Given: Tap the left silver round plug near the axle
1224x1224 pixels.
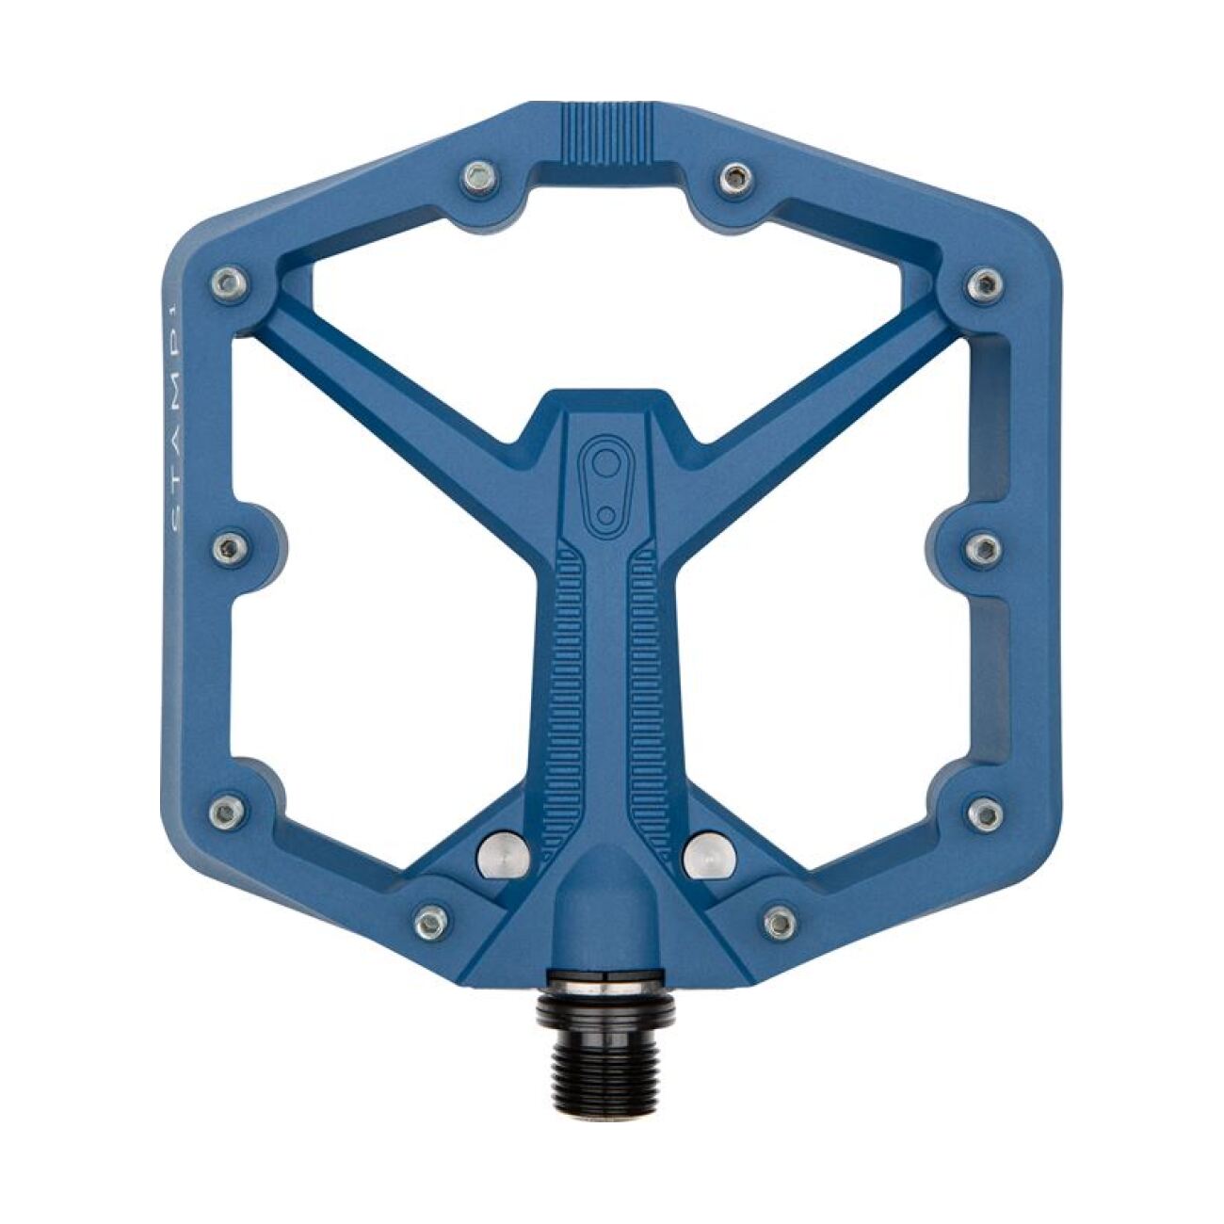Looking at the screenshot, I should (x=500, y=854).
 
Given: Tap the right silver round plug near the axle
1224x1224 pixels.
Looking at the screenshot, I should (x=711, y=854).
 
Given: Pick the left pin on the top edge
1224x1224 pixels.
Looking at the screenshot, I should (x=479, y=175).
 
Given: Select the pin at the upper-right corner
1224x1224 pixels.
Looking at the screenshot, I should (x=984, y=282).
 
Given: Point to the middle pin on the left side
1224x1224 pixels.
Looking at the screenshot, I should (x=228, y=548).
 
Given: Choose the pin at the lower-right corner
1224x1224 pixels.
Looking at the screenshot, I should (x=985, y=813).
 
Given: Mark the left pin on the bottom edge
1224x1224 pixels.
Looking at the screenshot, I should (x=431, y=919).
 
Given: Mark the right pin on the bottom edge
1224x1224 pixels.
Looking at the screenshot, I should (x=779, y=921).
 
